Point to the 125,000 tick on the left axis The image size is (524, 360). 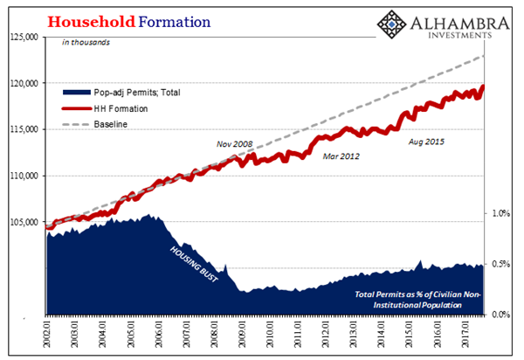click(x=24, y=37)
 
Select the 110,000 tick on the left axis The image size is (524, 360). click(x=24, y=176)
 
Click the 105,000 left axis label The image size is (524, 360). click(x=24, y=222)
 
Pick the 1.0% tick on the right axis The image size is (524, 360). click(x=501, y=213)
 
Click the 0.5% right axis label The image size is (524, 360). click(x=501, y=264)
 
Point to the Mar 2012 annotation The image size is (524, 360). click(x=341, y=156)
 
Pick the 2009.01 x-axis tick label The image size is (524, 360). click(x=241, y=335)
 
